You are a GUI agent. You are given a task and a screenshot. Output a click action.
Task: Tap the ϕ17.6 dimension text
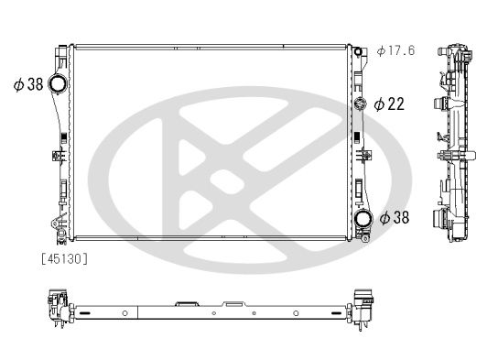395,49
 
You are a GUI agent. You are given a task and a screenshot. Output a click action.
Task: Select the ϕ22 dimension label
389,104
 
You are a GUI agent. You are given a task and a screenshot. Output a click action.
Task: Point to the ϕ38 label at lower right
395,218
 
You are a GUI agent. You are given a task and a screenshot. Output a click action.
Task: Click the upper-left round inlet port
59,85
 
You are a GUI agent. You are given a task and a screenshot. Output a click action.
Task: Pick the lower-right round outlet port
363,218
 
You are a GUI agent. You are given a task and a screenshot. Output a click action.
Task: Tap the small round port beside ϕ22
361,103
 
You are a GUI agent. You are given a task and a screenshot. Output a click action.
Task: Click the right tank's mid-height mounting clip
360,148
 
